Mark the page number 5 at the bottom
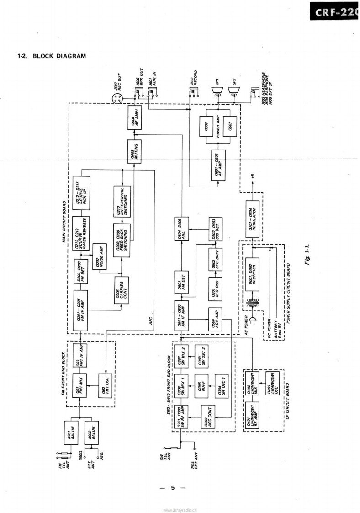click(x=173, y=488)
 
